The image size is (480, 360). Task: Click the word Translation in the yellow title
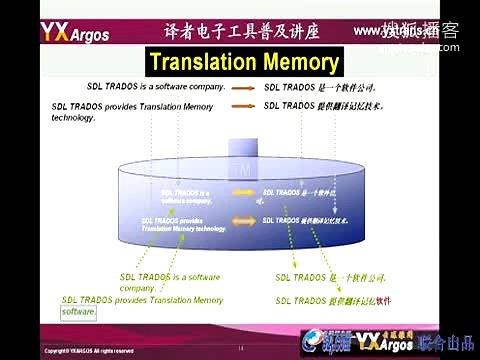(203, 63)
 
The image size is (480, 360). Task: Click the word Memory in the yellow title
(302, 63)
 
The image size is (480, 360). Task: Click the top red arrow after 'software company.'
(243, 87)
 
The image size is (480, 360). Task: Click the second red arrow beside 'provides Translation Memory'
(243, 105)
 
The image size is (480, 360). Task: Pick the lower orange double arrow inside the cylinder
(243, 220)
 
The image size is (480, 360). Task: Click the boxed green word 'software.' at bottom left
(79, 312)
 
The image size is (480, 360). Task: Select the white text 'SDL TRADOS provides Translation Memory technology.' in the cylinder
(183, 224)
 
